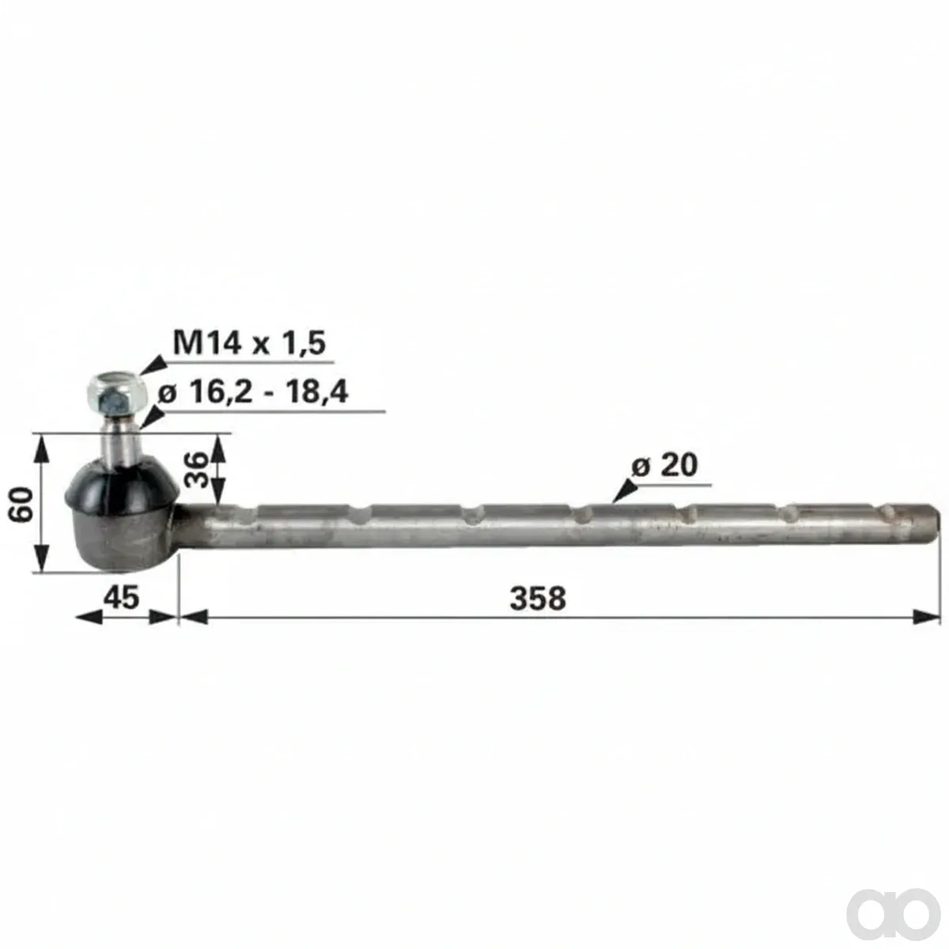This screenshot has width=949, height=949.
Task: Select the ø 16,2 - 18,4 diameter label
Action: click(253, 392)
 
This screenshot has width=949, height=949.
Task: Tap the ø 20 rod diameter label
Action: click(664, 464)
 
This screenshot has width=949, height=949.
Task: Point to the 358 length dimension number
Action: click(538, 599)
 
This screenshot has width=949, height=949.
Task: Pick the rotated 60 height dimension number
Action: click(21, 504)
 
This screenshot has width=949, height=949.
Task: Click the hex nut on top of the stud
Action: click(117, 395)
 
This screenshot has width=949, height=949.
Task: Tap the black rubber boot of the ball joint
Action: click(123, 484)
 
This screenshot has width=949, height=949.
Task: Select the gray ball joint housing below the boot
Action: click(123, 540)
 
